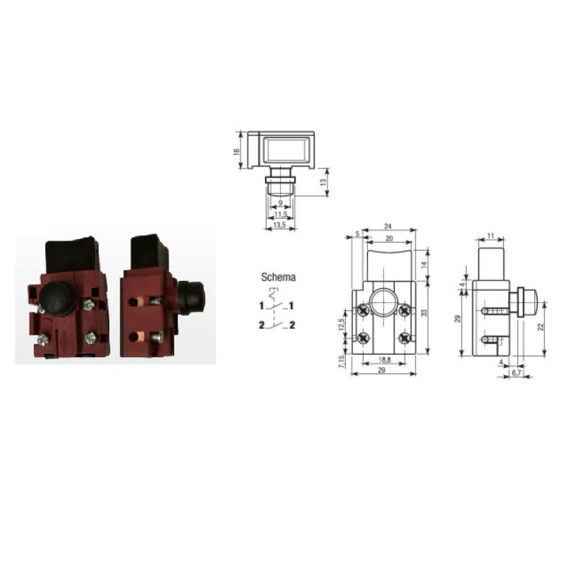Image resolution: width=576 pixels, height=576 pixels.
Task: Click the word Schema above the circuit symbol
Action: tap(277, 276)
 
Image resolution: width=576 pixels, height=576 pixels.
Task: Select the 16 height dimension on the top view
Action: tap(236, 152)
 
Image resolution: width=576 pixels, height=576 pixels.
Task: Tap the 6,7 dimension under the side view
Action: tap(516, 374)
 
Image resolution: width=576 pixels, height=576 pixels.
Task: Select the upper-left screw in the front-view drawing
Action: tap(364, 311)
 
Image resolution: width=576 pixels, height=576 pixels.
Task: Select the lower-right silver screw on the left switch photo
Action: tap(91, 337)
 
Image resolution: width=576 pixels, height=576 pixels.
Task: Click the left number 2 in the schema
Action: tap(262, 326)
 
